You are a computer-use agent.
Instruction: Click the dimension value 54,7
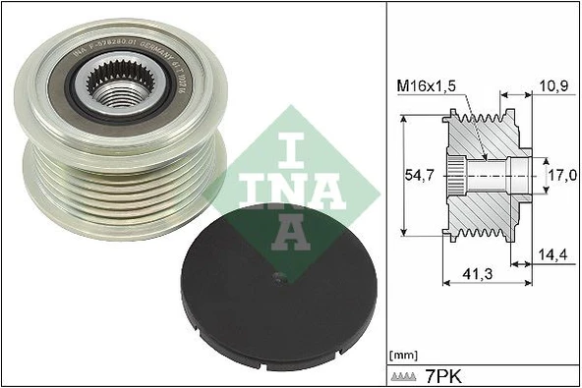coord(420,175)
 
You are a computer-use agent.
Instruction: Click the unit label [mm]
coord(403,354)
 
